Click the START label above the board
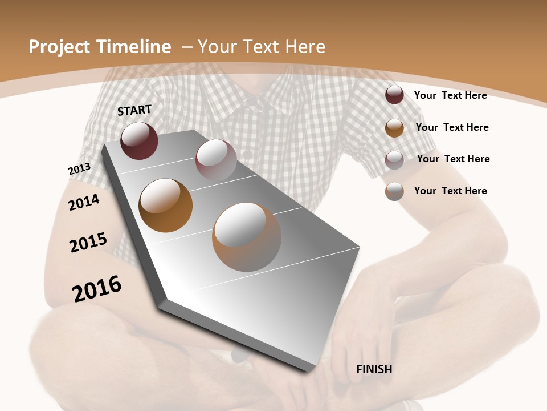pos(134,110)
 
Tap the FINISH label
pos(374,369)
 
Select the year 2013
pos(79,169)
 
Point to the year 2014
pos(84,202)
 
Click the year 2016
pos(97,289)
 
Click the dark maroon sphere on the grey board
pos(139,140)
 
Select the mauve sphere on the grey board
pos(216,159)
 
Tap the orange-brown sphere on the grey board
pos(165,205)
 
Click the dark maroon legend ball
pos(394,95)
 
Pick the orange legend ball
pos(394,128)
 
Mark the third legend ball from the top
pos(394,160)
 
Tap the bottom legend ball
pos(394,191)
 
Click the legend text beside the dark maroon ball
pos(450,95)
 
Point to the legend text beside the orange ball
pos(452,127)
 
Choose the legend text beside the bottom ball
pos(450,191)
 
